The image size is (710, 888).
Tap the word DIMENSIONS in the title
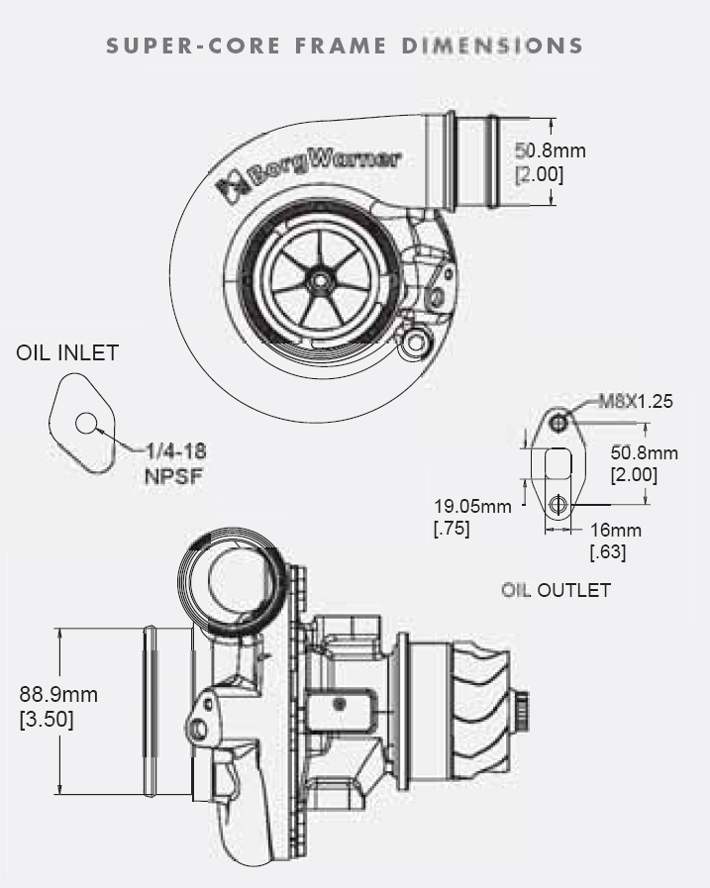[x=493, y=46]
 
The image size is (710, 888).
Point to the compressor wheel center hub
[x=319, y=281]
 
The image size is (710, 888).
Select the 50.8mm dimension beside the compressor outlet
[x=551, y=150]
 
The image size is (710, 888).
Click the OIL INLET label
[x=67, y=352]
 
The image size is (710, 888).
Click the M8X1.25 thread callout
[x=636, y=402]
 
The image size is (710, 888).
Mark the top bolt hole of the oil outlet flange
[x=560, y=424]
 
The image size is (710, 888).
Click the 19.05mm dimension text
[x=472, y=507]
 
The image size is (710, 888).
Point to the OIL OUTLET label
[x=556, y=591]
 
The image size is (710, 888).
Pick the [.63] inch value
[x=607, y=552]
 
